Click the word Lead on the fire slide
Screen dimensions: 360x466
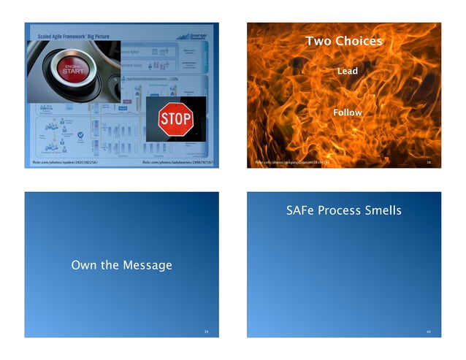click(x=347, y=72)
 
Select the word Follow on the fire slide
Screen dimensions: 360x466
click(x=347, y=112)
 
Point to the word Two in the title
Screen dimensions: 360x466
click(x=319, y=41)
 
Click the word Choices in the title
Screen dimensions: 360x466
click(x=359, y=41)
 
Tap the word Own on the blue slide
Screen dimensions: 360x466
click(x=85, y=264)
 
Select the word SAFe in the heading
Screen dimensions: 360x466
click(x=301, y=210)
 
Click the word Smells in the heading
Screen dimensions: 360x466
click(x=384, y=210)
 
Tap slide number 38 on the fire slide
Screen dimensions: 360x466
click(x=429, y=162)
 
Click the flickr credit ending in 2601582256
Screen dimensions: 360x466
click(x=65, y=162)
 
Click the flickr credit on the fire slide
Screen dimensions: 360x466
click(x=291, y=162)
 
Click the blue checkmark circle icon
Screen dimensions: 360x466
click(x=81, y=134)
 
